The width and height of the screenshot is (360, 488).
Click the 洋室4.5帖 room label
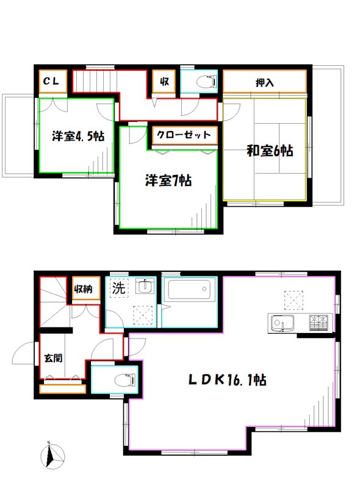(x=77, y=136)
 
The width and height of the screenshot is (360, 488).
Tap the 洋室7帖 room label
(x=168, y=181)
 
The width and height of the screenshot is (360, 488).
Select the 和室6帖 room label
(x=269, y=150)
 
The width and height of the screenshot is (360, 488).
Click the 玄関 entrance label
(x=52, y=358)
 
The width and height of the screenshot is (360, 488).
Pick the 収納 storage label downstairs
(x=83, y=289)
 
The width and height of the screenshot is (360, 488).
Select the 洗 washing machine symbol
(x=118, y=289)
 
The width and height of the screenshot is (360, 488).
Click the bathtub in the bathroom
(x=191, y=289)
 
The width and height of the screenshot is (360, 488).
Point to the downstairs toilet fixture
(x=125, y=378)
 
